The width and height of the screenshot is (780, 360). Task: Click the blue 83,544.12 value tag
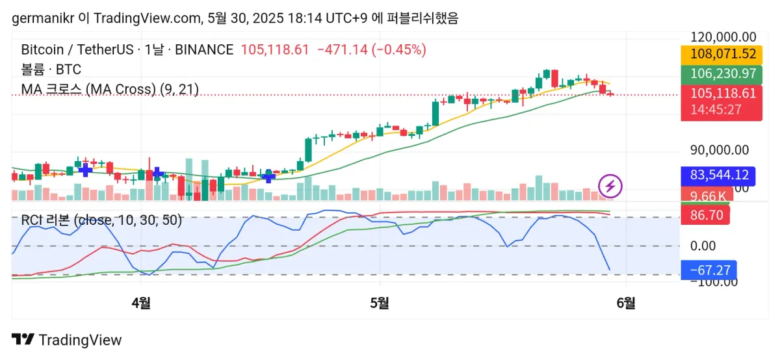tap(714, 175)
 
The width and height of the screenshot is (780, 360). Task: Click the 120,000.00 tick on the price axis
tap(723, 37)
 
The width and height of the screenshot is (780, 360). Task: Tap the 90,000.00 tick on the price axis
tap(719, 150)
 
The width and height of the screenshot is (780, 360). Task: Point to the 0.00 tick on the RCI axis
tap(703, 246)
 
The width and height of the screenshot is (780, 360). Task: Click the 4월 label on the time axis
tap(140, 302)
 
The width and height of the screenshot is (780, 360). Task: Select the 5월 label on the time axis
tap(380, 302)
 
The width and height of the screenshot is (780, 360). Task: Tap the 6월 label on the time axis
tap(625, 302)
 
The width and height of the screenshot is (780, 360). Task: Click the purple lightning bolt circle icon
tap(610, 186)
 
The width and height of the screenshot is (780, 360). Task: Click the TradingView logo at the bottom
tap(67, 340)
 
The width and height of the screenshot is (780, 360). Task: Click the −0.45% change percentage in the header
tap(398, 49)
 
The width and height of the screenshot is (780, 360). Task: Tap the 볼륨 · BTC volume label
tap(51, 70)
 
